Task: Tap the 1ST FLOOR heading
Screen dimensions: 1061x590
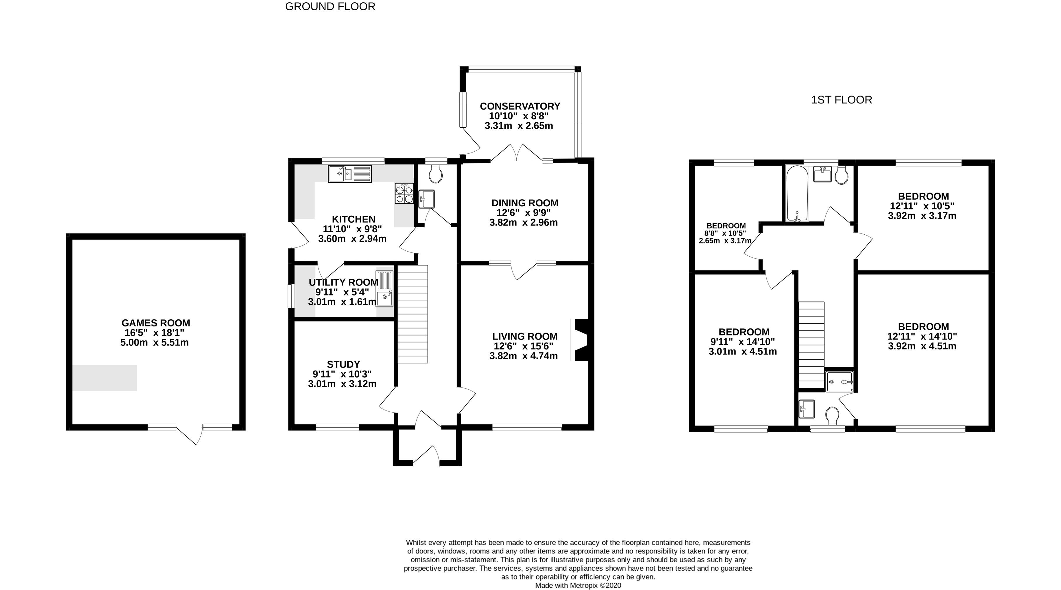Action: pos(842,100)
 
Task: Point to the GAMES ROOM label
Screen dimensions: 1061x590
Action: pos(156,323)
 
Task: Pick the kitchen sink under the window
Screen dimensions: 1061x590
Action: pos(350,174)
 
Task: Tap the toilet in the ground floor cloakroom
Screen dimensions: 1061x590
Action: pos(435,174)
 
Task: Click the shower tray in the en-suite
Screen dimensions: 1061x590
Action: pos(839,381)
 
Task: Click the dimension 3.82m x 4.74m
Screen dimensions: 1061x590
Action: pos(523,356)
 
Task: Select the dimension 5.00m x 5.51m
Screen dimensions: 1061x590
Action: pos(155,343)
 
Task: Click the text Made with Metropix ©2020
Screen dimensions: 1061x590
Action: pos(578,585)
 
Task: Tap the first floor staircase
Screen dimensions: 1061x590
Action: pos(812,345)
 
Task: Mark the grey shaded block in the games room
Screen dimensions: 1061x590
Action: pos(105,378)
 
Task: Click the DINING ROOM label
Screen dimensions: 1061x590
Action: pos(525,203)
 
